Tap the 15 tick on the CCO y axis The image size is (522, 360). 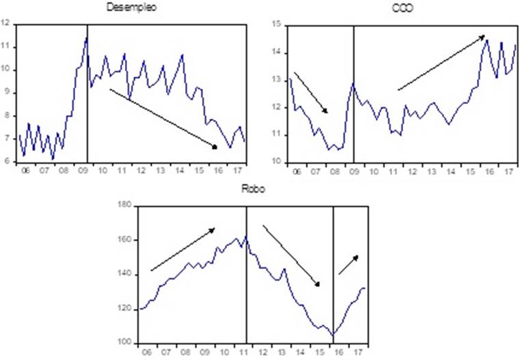(x=276, y=25)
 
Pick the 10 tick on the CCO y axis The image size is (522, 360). (x=276, y=162)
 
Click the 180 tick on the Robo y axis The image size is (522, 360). (x=126, y=206)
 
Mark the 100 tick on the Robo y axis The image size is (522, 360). (x=126, y=343)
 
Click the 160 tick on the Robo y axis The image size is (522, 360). (x=126, y=240)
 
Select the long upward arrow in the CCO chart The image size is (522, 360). (x=441, y=62)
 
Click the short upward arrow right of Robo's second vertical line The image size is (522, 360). (x=348, y=265)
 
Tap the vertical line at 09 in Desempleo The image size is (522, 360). (x=87, y=96)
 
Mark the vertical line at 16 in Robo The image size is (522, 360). (x=333, y=273)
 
